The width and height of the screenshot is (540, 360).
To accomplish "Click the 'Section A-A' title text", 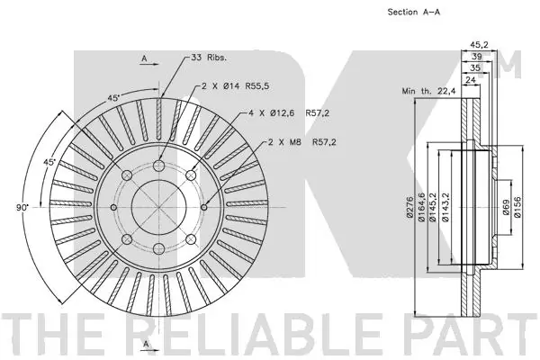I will coord(412,13).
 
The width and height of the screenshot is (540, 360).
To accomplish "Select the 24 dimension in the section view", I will coord(471,79).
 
